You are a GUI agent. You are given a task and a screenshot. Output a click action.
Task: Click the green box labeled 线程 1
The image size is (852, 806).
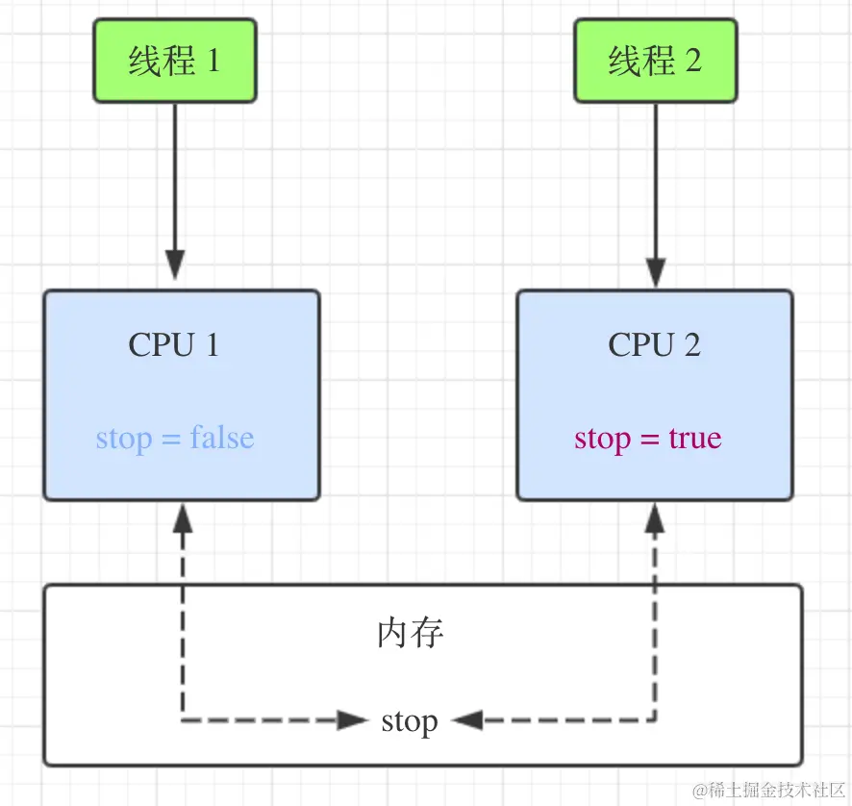[x=175, y=61]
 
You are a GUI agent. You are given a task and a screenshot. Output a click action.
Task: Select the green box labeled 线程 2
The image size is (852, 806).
[x=655, y=61]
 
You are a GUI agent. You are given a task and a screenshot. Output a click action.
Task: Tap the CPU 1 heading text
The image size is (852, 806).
[x=174, y=344]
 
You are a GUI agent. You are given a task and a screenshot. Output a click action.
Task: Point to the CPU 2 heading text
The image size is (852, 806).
[x=654, y=344]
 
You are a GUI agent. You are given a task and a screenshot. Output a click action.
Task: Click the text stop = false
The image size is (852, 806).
[x=175, y=439]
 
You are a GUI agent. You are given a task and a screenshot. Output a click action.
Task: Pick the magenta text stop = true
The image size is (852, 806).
[x=647, y=439]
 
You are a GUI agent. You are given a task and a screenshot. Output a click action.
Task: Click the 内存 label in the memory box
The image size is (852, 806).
[x=411, y=634]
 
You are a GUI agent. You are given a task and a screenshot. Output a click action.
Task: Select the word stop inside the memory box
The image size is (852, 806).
[x=410, y=720]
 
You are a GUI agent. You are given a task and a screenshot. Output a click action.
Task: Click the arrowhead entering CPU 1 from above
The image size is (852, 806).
[x=175, y=265]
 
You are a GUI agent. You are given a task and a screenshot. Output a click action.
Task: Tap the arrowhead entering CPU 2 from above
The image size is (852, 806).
[x=655, y=272]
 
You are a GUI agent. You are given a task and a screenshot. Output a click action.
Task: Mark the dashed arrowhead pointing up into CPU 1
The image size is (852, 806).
[x=183, y=519]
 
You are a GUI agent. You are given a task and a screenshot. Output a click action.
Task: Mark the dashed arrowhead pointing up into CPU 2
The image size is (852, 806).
[x=655, y=519]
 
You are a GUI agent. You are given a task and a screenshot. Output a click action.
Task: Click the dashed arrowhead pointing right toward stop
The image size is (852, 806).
[x=352, y=719]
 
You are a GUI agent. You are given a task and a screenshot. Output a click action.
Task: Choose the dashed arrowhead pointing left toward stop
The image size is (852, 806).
[x=468, y=719]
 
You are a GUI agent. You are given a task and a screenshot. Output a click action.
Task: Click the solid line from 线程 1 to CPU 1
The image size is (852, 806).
[x=175, y=173]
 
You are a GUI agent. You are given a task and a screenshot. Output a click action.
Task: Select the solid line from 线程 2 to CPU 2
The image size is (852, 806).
[x=655, y=173]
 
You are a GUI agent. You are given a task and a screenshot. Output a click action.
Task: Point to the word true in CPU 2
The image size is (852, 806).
[x=694, y=439]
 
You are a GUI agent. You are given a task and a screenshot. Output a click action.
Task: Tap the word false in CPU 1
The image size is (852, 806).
[x=222, y=439]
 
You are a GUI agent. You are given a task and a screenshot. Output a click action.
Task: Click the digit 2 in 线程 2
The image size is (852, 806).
[x=692, y=61]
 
